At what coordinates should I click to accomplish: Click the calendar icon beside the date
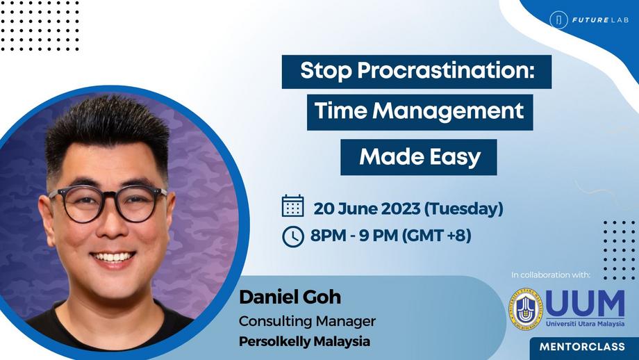(293, 206)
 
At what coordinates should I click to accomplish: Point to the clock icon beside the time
(292, 236)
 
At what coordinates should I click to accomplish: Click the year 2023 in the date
(396, 208)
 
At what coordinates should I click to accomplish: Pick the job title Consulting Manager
(308, 321)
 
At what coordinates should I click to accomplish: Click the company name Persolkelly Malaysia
(305, 342)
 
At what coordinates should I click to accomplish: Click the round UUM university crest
(524, 309)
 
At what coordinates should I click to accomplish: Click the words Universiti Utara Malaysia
(586, 322)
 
